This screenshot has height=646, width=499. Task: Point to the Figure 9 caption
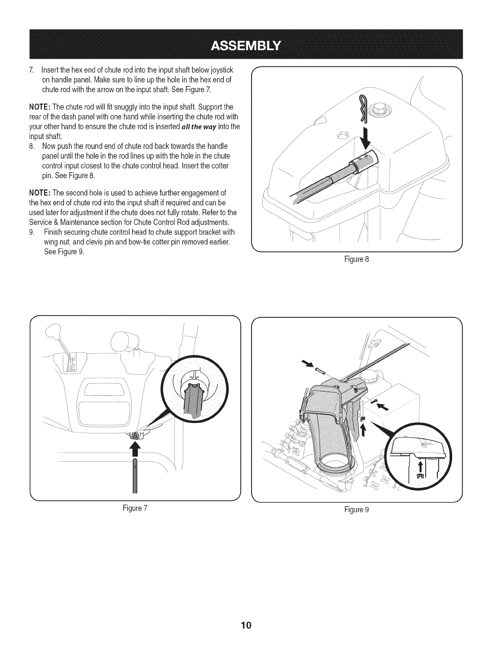[357, 509]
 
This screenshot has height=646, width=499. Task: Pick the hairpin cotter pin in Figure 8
[363, 108]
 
